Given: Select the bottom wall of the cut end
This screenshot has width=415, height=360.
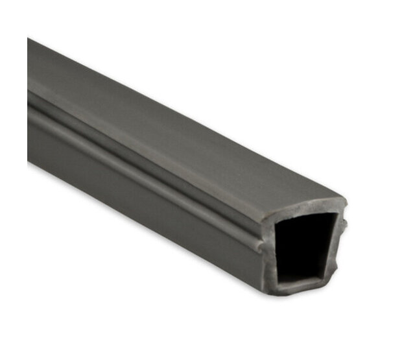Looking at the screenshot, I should tap(305, 289).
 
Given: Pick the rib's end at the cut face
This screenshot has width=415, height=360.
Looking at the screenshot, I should tap(259, 246).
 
